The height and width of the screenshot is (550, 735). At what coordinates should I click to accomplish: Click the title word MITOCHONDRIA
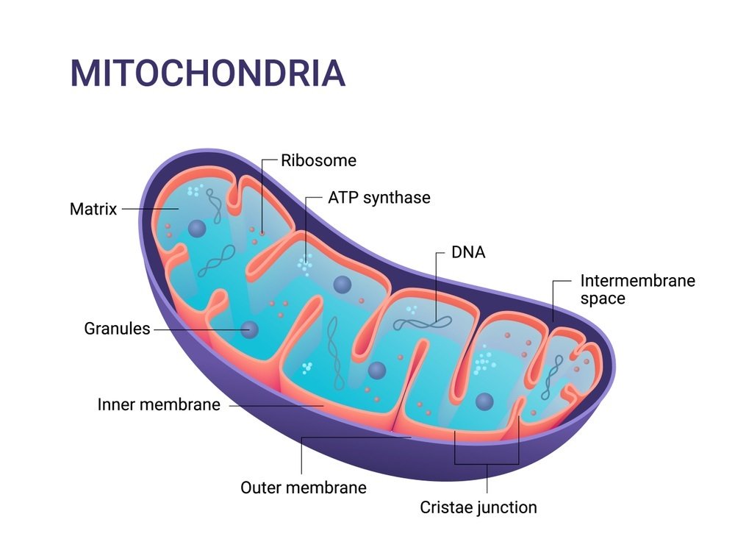[x=207, y=74]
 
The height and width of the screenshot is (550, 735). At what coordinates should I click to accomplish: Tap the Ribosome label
[x=318, y=160]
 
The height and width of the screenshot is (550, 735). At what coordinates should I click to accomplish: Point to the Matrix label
[x=93, y=209]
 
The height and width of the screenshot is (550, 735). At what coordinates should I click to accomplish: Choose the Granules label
[x=117, y=329]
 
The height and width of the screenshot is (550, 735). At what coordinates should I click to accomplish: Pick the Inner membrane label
[x=159, y=404]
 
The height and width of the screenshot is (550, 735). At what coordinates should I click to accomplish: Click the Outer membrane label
[x=304, y=487]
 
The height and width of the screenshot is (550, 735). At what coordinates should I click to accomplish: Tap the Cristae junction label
[x=478, y=507]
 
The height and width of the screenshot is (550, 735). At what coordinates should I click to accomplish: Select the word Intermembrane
[x=637, y=281]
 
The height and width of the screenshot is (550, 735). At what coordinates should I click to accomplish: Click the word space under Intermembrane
[x=603, y=299]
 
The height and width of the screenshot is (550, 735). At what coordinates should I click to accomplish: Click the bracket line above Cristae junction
[x=487, y=463]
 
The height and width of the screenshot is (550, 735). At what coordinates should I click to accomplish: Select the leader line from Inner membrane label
[x=272, y=404]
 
